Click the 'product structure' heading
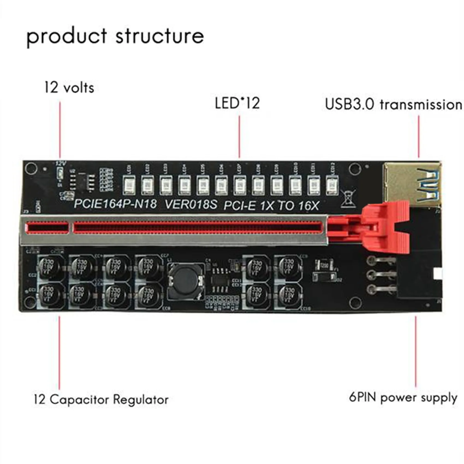pyautogui.click(x=115, y=37)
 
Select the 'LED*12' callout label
pyautogui.click(x=237, y=103)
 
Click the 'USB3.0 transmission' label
pyautogui.click(x=393, y=105)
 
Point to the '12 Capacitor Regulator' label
pyautogui.click(x=101, y=400)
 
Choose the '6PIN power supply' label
pyautogui.click(x=403, y=397)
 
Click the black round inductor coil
pyautogui.click(x=186, y=281)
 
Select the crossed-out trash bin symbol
pyautogui.click(x=348, y=198)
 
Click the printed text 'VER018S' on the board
pyautogui.click(x=191, y=204)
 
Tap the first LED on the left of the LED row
pyautogui.click(x=129, y=185)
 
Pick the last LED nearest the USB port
pyautogui.click(x=332, y=185)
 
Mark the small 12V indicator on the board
pyautogui.click(x=60, y=172)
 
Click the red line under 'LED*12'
pyautogui.click(x=239, y=136)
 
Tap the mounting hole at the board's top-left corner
pyautogui.click(x=31, y=168)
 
